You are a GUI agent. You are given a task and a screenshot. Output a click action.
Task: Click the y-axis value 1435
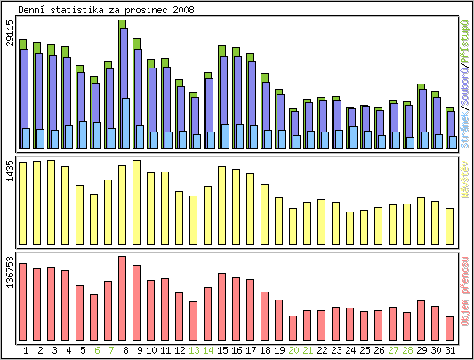(x=10, y=170)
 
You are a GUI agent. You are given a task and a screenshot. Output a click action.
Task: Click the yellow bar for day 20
(x=293, y=225)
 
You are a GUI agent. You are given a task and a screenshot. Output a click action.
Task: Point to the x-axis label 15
(x=222, y=350)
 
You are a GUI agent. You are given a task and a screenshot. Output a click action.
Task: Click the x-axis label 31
(x=450, y=350)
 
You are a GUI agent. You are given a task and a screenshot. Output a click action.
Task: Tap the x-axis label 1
(x=26, y=350)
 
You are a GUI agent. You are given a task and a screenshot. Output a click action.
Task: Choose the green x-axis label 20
(x=293, y=350)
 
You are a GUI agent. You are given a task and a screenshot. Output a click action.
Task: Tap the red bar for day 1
(x=22, y=301)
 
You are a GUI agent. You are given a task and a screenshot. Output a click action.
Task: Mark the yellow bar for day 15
(x=221, y=204)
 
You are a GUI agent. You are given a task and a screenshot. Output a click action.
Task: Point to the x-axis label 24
(x=350, y=350)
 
